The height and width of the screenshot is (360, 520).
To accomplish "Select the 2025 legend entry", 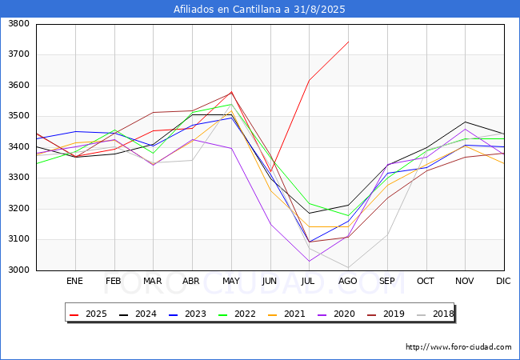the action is (89, 314).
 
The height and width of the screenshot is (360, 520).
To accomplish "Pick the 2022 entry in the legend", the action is (237, 314).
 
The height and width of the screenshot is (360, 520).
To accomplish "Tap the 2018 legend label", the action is (435, 314).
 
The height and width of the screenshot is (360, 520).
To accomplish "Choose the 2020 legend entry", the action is (336, 314).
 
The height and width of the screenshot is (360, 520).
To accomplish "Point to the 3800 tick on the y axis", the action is (19, 23).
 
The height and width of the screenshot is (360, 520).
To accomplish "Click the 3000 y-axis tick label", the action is (19, 270).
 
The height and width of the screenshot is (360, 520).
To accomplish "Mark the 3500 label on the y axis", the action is (19, 116).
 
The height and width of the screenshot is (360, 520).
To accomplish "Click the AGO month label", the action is (347, 281).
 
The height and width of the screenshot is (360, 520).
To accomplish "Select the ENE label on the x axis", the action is (74, 281).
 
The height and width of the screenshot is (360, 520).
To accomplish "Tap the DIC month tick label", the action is (503, 281).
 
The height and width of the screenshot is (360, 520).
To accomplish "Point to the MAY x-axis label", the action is (231, 281).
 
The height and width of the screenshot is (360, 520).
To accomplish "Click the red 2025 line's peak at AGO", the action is (349, 42).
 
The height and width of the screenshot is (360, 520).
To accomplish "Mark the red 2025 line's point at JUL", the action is (310, 80).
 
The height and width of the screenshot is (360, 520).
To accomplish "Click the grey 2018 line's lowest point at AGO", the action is (349, 267).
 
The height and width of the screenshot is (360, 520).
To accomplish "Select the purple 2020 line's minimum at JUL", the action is (310, 262).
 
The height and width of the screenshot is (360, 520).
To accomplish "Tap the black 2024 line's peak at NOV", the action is (466, 122).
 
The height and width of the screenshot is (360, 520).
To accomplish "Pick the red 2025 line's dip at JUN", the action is (270, 172).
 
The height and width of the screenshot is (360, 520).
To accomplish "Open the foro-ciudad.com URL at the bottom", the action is (458, 347).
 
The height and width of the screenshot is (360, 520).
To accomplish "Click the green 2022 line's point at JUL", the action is (310, 203).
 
